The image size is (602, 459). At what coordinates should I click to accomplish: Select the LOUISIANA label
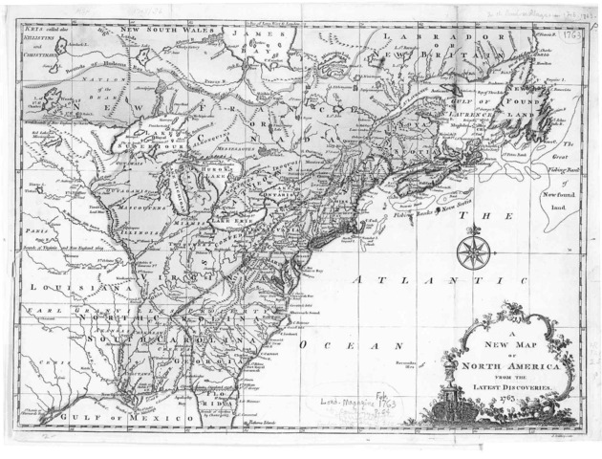(x=66, y=287)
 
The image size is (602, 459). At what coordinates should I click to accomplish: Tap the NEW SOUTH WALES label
(x=165, y=30)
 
